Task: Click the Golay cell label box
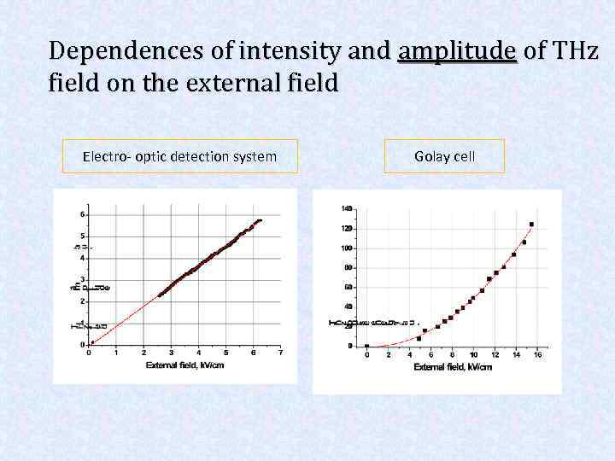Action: click(x=444, y=156)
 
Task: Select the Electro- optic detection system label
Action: click(x=179, y=156)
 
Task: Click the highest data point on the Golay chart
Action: click(x=531, y=225)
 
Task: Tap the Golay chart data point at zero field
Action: click(x=367, y=346)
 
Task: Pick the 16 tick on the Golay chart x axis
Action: click(x=536, y=355)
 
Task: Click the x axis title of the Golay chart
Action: click(x=453, y=367)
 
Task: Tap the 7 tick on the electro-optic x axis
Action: click(x=279, y=352)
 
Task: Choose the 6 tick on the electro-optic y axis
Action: click(x=82, y=213)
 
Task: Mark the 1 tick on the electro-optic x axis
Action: click(x=116, y=352)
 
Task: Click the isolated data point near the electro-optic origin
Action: click(x=92, y=342)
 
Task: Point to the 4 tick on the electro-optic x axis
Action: click(x=198, y=352)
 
